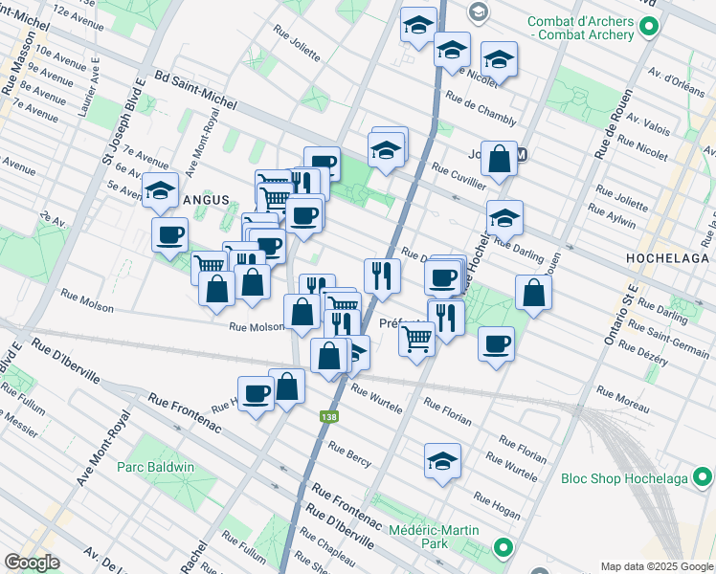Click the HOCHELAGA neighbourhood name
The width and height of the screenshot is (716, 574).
pos(666,259)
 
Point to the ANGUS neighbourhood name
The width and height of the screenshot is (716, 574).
pos(206,200)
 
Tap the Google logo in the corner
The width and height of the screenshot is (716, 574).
pos(32,563)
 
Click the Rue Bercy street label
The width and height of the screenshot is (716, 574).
pos(349,451)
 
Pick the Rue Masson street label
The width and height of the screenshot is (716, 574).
pos(13,71)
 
